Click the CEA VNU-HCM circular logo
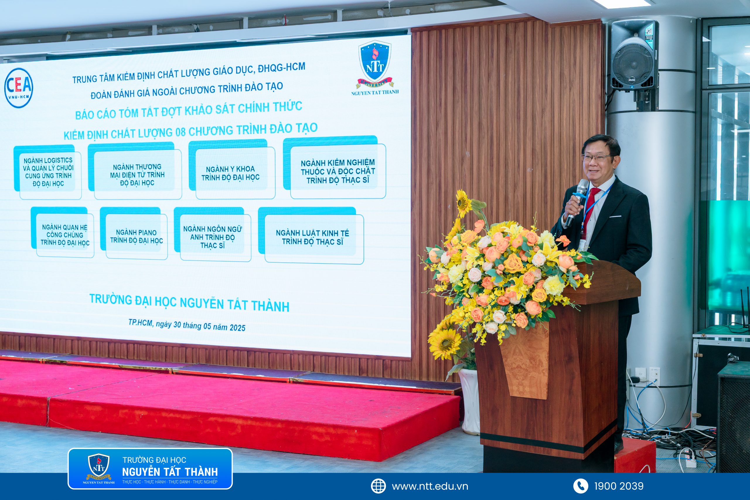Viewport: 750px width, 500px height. [x=18, y=88]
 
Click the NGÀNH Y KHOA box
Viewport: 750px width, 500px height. [x=232, y=169]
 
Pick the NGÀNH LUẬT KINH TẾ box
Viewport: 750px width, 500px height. [x=311, y=236]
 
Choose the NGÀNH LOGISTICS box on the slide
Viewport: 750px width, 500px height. [x=47, y=172]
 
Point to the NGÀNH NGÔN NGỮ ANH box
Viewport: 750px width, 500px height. [x=212, y=234]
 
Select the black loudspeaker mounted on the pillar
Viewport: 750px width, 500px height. [x=634, y=56]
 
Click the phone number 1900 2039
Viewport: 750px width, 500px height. [x=619, y=486]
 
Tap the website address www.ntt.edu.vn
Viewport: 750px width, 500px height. [x=430, y=486]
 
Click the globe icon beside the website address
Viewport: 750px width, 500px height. [x=378, y=486]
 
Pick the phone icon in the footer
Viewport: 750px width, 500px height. [x=580, y=486]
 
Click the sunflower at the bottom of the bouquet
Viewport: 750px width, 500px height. [x=444, y=342]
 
